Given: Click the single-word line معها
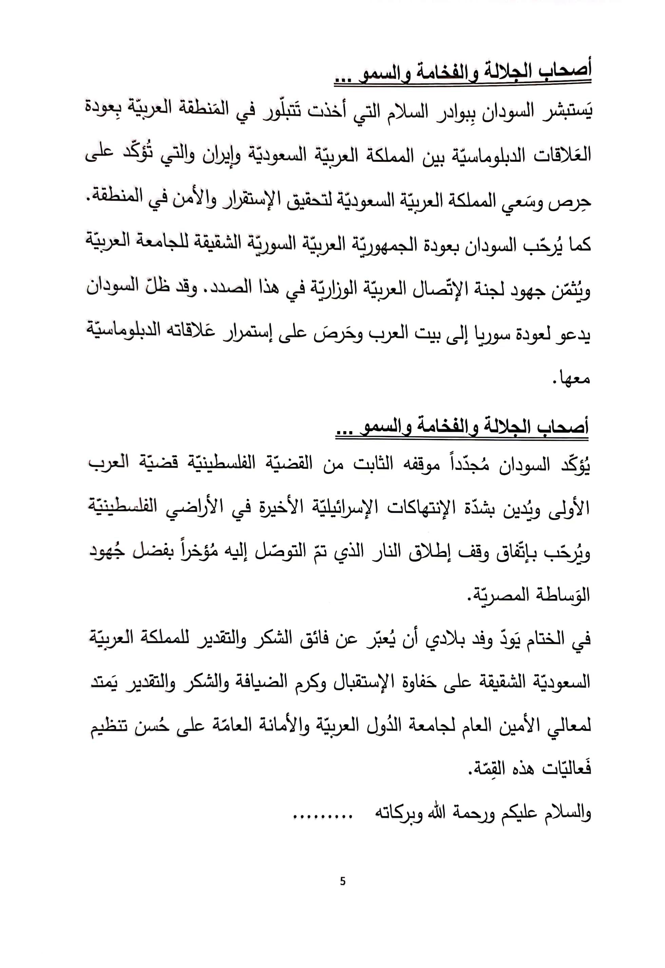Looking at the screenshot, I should pos(574,378).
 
